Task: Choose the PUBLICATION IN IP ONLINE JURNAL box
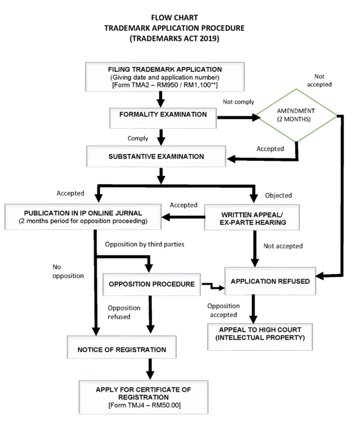pos(82,217)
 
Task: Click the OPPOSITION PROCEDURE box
pos(151,284)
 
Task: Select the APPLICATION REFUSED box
pos(270,281)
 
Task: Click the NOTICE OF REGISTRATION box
pos(121,349)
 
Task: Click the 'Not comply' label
pos(238,102)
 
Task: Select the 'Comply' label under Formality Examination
pos(138,138)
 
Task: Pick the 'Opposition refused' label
pos(124,312)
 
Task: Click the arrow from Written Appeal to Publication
pos(183,217)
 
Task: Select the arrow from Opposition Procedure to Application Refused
pos(212,284)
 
